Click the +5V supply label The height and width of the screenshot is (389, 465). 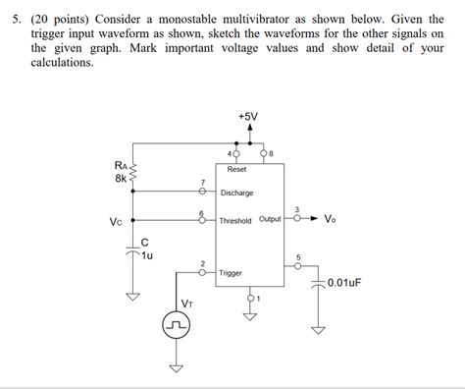tap(249, 116)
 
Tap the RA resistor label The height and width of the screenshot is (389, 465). tap(120, 165)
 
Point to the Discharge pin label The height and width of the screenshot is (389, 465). tap(236, 193)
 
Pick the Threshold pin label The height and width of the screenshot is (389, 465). tap(235, 221)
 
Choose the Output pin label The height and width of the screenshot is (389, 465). tap(270, 219)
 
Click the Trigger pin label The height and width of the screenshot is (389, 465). tap(232, 272)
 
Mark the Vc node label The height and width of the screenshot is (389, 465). tap(116, 221)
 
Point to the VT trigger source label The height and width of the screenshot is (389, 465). tap(184, 304)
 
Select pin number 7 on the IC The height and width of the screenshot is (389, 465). tap(202, 183)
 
